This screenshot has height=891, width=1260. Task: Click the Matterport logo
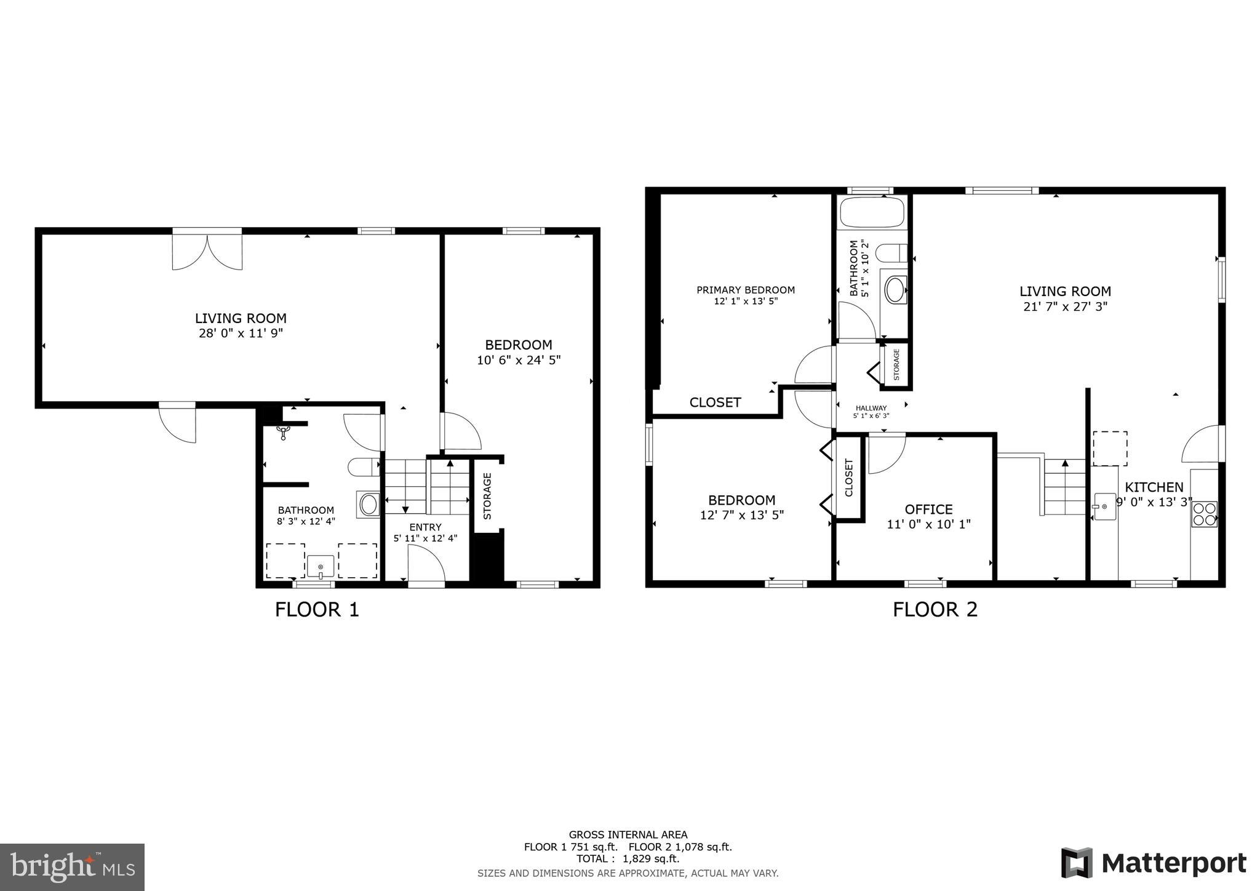(1153, 863)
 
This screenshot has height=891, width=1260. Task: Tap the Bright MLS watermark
(72, 866)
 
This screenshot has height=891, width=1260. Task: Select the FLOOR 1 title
(317, 610)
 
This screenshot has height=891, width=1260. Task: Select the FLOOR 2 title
(935, 610)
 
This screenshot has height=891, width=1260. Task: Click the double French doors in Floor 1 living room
(207, 251)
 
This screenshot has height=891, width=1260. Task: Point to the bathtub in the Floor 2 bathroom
(872, 212)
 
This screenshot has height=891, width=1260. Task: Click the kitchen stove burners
(1204, 514)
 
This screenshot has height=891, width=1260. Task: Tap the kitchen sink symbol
(1104, 506)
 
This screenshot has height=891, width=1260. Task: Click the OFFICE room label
(928, 509)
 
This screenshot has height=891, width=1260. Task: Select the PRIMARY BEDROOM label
(745, 290)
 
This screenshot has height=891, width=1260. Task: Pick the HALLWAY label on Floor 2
(871, 408)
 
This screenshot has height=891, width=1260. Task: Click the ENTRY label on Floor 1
(425, 527)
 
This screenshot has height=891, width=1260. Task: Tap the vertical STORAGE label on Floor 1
(487, 496)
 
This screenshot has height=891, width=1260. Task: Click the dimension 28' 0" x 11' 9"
(241, 334)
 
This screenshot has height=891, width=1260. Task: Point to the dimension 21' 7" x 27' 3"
(1065, 306)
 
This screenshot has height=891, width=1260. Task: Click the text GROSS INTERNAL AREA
(628, 835)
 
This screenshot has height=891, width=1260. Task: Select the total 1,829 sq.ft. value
(650, 859)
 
